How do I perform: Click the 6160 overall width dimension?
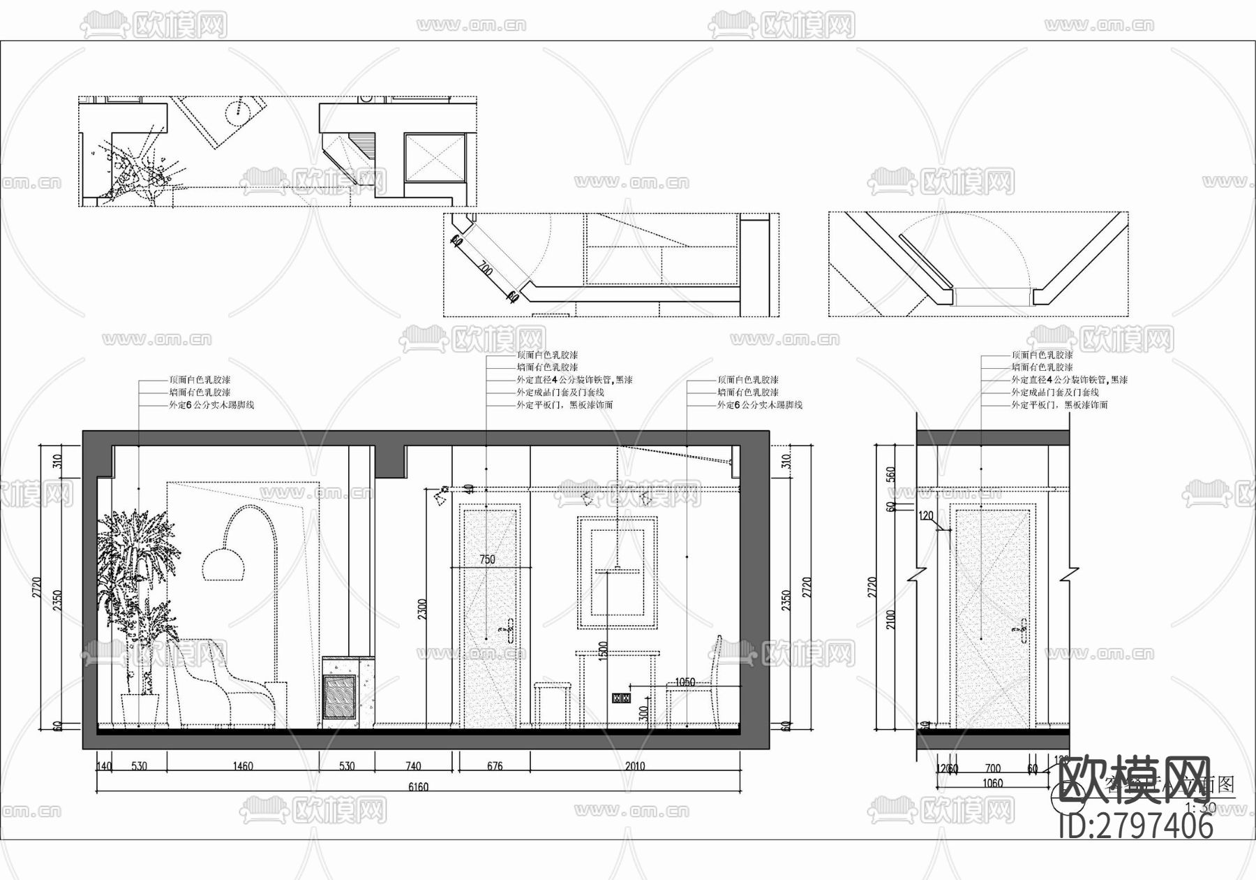click(x=417, y=787)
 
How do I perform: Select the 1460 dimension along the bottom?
click(x=242, y=766)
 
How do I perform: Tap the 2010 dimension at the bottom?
click(x=634, y=766)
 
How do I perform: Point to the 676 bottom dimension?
click(x=493, y=766)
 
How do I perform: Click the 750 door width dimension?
click(x=487, y=559)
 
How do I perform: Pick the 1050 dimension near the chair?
click(x=685, y=682)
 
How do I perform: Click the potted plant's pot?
click(x=140, y=710)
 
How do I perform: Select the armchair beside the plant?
click(x=223, y=688)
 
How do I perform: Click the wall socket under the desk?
click(x=621, y=697)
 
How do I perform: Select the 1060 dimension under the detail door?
click(x=992, y=783)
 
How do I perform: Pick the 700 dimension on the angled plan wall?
click(x=485, y=270)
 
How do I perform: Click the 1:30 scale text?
click(x=1200, y=807)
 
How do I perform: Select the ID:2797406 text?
click(x=1136, y=826)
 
